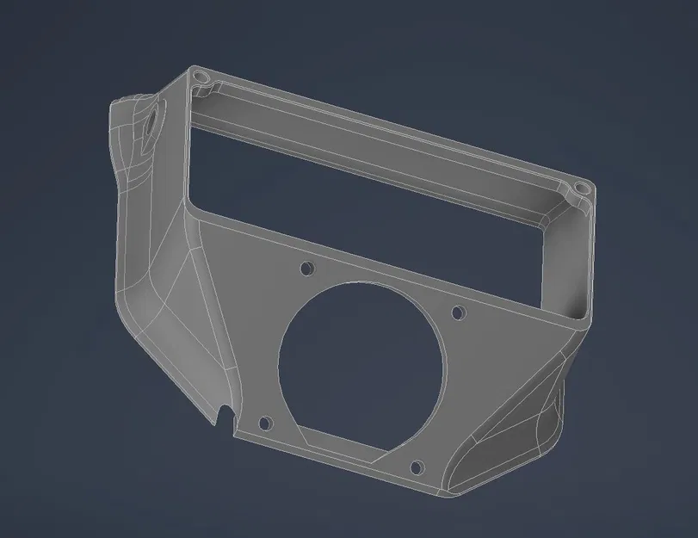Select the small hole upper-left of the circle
(306, 269)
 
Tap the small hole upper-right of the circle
(458, 312)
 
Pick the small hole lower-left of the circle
(264, 423)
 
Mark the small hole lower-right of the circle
(417, 467)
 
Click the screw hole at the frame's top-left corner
(203, 77)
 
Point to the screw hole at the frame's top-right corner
(582, 187)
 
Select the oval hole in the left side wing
(156, 120)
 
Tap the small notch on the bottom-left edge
(226, 415)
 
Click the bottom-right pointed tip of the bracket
(448, 495)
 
